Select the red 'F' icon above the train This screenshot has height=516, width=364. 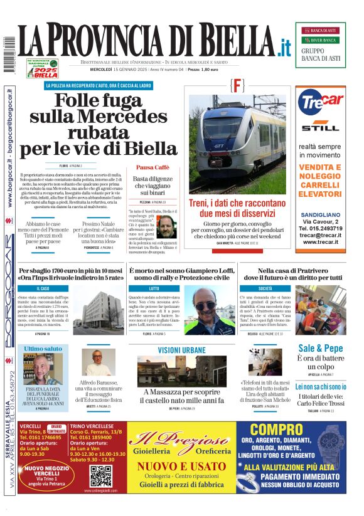(x=237, y=86)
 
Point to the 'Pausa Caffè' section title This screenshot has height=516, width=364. (x=153, y=167)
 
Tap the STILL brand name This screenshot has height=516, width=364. (x=320, y=128)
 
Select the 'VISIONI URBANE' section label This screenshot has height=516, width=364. (x=181, y=350)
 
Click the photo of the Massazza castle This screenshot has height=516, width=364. (x=173, y=371)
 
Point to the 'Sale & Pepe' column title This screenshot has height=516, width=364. (x=320, y=348)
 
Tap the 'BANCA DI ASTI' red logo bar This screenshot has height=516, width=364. (x=320, y=30)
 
